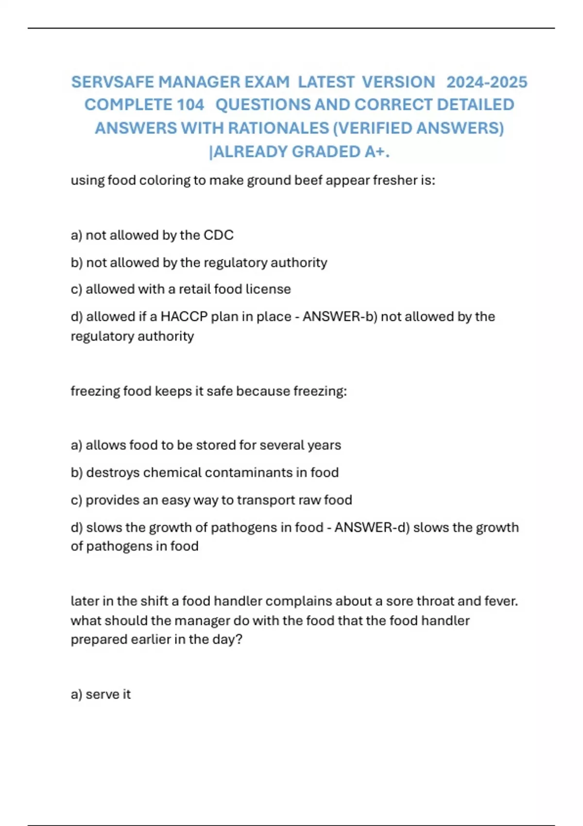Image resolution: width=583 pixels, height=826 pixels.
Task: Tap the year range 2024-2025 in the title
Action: coord(486,82)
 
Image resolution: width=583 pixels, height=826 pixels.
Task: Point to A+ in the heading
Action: coord(377,152)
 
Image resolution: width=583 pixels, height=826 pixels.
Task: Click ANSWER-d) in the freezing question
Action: coord(372,528)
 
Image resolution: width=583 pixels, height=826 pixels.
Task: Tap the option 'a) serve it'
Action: coord(101,694)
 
